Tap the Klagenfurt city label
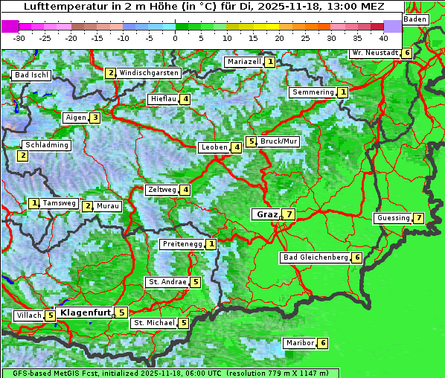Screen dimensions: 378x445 [x=84, y=313]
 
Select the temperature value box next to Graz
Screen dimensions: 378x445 [x=289, y=214]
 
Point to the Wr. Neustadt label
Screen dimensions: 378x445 [x=374, y=53]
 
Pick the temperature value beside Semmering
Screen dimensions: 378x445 [x=342, y=92]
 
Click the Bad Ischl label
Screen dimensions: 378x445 [x=31, y=75]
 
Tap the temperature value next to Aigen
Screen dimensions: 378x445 [x=95, y=118]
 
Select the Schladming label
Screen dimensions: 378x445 [x=47, y=145]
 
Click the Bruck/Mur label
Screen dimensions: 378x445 [x=279, y=141]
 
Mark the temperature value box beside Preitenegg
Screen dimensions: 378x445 [x=212, y=244]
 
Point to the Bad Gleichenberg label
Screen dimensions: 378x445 [x=316, y=257]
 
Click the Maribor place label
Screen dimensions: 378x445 [x=299, y=343]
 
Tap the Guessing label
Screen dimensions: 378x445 [x=393, y=218]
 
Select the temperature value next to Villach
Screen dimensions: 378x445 [x=50, y=315]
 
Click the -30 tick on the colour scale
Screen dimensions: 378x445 [x=19, y=37]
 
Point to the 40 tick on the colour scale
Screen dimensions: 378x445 [x=383, y=37]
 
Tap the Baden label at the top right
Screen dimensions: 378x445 [x=415, y=19]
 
